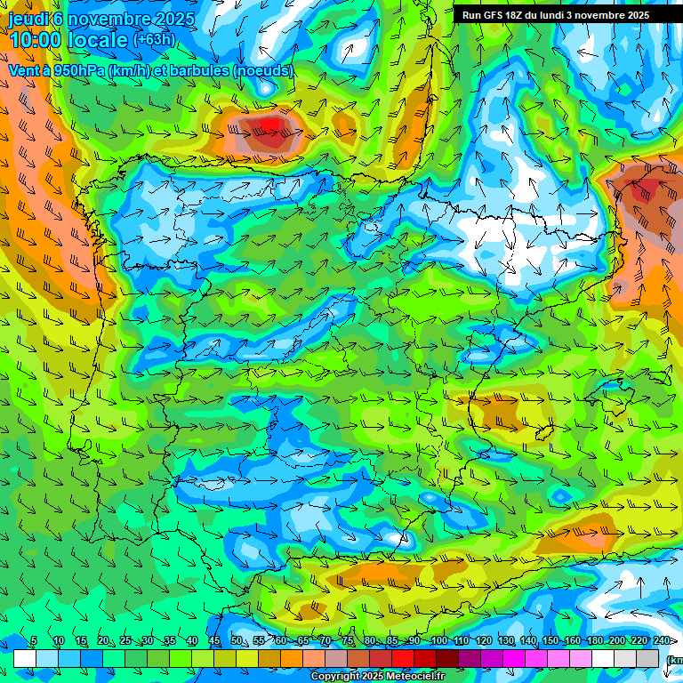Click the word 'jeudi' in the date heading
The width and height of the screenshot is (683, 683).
[28, 19]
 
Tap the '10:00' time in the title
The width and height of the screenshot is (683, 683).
[36, 40]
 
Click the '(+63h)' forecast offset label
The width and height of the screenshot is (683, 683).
[153, 40]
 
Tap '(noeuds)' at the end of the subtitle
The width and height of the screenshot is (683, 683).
[260, 70]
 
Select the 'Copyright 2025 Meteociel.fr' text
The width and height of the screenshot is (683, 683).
[376, 677]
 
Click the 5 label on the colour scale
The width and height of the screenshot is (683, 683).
[34, 641]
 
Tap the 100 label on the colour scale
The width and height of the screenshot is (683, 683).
[438, 641]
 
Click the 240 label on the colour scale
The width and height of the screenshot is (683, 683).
[661, 641]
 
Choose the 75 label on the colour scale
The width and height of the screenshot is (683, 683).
[348, 641]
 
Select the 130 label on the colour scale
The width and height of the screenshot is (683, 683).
[505, 641]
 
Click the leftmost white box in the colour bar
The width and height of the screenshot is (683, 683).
[25, 658]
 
